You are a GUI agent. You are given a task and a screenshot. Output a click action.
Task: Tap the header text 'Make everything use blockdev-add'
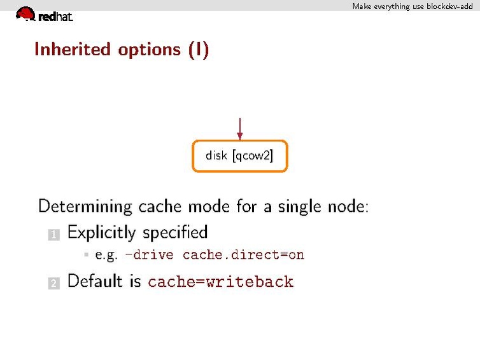pos(413,6)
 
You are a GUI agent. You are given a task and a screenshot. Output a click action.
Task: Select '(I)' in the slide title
pos(198,50)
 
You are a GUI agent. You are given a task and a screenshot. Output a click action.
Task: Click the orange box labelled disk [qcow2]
pos(239,156)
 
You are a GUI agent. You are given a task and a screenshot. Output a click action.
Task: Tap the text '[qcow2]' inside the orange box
pos(253,156)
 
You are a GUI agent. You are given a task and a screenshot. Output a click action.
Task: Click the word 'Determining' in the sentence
pos(85,207)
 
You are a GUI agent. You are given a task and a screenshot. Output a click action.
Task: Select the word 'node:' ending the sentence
pos(348,207)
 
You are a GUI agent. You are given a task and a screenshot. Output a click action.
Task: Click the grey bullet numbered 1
pos(53,235)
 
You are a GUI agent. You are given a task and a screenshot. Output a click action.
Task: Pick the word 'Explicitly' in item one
pos(102,233)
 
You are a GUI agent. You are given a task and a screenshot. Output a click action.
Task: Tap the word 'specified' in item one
pos(175,233)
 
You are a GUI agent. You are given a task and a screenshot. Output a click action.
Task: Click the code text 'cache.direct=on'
pos(243,255)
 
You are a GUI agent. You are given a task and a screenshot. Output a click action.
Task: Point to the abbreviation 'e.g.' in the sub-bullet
pos(106,255)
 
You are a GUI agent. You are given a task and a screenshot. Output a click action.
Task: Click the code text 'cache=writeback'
pos(220,282)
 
